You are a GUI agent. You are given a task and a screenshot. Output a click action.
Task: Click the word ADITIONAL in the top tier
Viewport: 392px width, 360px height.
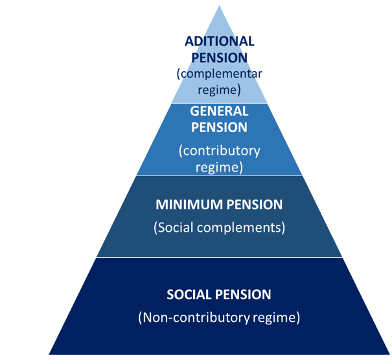pos(219,41)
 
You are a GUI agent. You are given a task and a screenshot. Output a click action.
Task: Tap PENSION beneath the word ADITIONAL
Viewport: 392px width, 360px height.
pos(219,58)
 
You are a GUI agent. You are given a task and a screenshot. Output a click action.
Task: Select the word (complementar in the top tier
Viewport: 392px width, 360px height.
pos(219,74)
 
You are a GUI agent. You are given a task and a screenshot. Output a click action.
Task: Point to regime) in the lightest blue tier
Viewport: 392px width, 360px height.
pos(219,90)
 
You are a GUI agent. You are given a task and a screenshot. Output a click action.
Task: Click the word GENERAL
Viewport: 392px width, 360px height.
pos(219,111)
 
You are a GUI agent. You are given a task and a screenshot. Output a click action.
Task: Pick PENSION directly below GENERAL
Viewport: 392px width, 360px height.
pos(219,127)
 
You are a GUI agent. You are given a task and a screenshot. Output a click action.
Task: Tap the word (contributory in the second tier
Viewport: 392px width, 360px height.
pos(219,151)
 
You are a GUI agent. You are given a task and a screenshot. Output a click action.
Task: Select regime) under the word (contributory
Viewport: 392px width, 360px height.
pos(219,167)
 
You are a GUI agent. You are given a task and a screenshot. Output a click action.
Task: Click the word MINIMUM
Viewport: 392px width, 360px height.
pos(189,205)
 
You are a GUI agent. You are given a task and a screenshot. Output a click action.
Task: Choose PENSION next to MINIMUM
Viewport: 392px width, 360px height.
pos(255,205)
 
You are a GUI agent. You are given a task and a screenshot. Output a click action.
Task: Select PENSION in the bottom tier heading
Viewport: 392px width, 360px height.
pos(243,295)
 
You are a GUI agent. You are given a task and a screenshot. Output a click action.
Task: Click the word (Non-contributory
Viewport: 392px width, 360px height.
pos(194,317)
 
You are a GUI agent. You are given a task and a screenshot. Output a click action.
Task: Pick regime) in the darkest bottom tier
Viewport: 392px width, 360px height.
pos(276,317)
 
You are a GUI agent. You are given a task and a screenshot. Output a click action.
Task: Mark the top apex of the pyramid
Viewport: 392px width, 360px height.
pos(219,5)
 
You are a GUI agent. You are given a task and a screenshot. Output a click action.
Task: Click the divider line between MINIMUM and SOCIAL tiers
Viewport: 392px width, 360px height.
pos(219,257)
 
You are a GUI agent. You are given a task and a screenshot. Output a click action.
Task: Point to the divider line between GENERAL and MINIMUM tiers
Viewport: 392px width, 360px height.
pos(219,175)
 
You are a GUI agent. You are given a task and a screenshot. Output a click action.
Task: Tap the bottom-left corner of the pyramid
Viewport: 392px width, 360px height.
pos(49,354)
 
